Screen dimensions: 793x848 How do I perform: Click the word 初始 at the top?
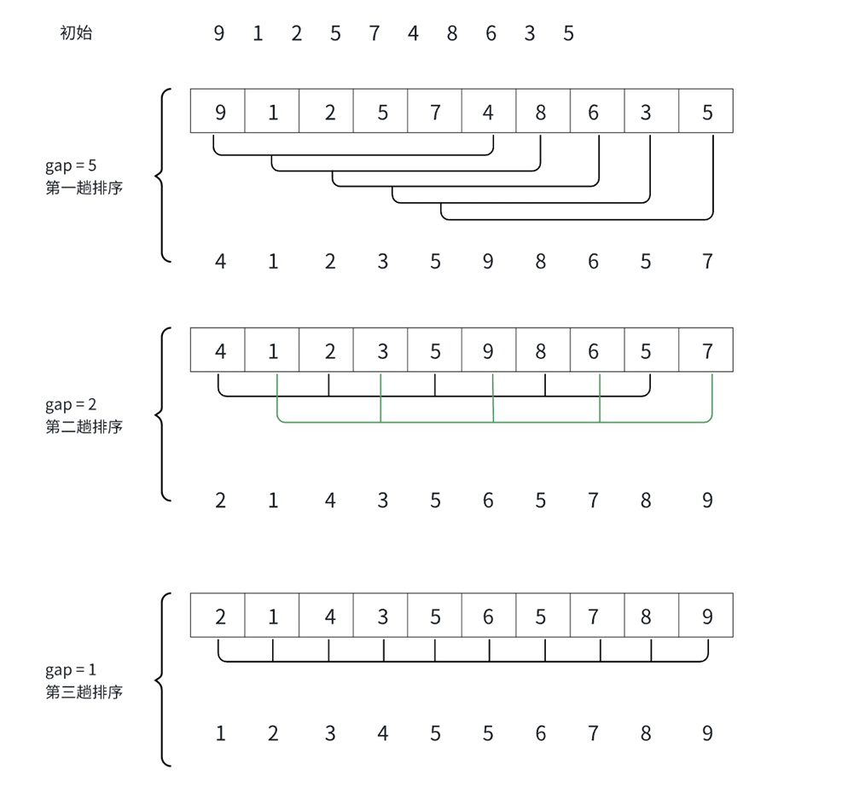(76, 33)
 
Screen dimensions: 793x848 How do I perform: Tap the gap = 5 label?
(72, 165)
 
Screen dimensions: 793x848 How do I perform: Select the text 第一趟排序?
(84, 188)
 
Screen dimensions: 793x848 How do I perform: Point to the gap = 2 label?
(72, 405)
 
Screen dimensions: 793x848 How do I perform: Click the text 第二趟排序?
(84, 427)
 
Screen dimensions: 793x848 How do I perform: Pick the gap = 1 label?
(72, 670)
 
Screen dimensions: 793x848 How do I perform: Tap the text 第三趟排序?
(84, 692)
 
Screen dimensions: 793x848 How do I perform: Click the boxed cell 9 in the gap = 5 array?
(219, 112)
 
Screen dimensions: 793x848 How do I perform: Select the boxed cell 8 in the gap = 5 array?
(541, 112)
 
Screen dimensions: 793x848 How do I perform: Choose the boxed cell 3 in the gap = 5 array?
(646, 112)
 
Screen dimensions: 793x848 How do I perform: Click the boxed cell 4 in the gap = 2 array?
(219, 350)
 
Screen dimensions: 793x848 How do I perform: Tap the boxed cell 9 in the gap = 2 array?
(488, 350)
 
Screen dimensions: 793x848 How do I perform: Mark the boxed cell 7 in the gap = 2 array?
(706, 350)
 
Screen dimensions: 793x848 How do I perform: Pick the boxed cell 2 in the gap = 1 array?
(219, 616)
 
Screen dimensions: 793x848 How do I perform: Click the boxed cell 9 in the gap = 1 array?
(706, 616)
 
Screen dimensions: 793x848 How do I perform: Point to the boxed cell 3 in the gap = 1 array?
(382, 616)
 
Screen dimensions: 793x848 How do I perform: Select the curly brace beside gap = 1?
(162, 680)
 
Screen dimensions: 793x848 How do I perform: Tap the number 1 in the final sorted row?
(220, 733)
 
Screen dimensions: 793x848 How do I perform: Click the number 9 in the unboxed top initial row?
(219, 34)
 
